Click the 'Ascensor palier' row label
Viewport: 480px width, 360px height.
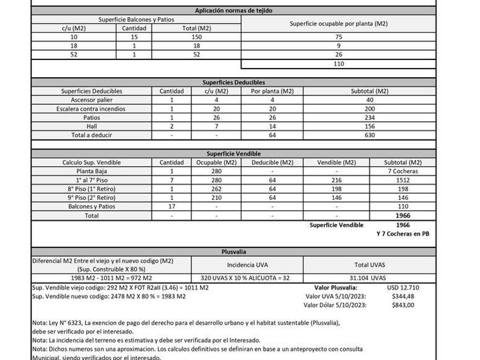[x=91, y=99]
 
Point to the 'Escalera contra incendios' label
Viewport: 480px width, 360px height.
[x=91, y=109]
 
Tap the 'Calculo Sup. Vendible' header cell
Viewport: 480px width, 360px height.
[x=91, y=162]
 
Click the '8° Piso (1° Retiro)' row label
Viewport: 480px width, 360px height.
[x=91, y=189]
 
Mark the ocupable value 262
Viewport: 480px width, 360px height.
[x=217, y=189]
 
